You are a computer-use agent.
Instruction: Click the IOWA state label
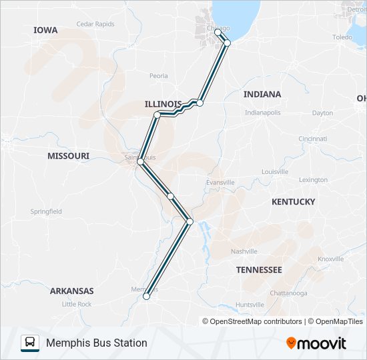45,30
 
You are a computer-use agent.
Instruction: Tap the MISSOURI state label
68,155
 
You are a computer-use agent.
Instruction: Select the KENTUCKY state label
293,201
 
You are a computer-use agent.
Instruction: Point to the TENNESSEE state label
259,269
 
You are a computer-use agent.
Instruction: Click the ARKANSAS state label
71,291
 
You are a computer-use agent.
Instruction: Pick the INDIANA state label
262,94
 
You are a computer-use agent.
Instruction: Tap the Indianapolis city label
263,112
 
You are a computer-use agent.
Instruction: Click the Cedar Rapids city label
95,23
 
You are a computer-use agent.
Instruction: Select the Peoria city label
159,76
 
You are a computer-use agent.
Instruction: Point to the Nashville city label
244,251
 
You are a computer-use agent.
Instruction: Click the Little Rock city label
77,304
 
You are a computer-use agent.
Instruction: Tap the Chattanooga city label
288,293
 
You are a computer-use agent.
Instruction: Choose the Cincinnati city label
313,139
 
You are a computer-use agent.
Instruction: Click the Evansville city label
221,182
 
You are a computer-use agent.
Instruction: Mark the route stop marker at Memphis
147,296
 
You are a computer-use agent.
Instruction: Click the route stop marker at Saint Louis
140,162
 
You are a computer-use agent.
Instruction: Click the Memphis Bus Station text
97,343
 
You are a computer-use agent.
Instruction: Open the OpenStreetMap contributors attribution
256,321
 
